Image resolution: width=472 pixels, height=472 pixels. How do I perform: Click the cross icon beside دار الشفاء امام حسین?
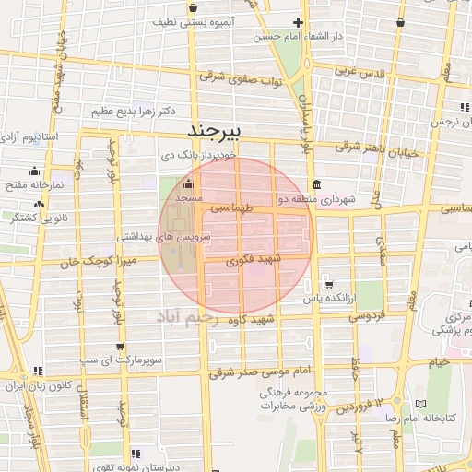click(297, 22)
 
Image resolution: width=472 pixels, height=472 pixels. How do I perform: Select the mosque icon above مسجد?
click(188, 183)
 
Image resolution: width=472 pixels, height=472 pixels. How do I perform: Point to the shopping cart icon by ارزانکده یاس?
click(329, 283)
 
